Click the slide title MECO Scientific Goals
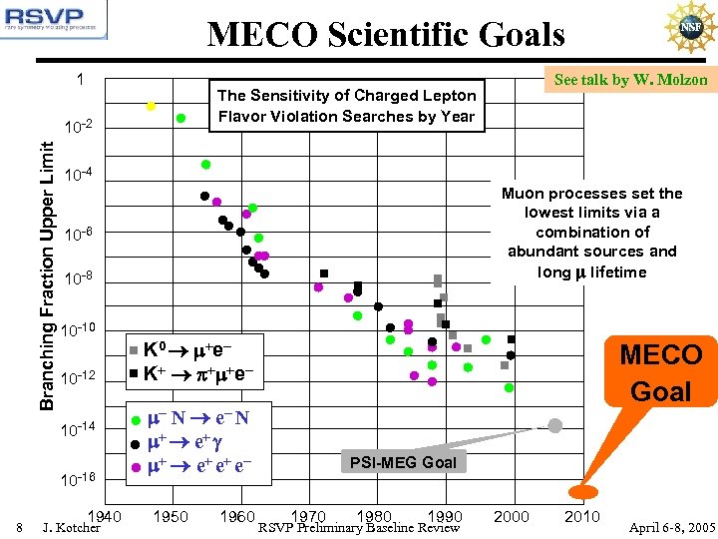coord(386,36)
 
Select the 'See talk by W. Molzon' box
coord(630,80)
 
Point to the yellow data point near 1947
coord(151,105)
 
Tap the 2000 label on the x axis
coord(512,516)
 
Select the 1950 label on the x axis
coord(172,516)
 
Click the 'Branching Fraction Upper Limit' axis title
coord(47,272)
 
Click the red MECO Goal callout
coord(660,372)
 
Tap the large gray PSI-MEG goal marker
coord(555,425)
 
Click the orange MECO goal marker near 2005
coord(581,490)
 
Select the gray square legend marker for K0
coord(134,350)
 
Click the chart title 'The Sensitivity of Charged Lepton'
coord(346,96)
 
